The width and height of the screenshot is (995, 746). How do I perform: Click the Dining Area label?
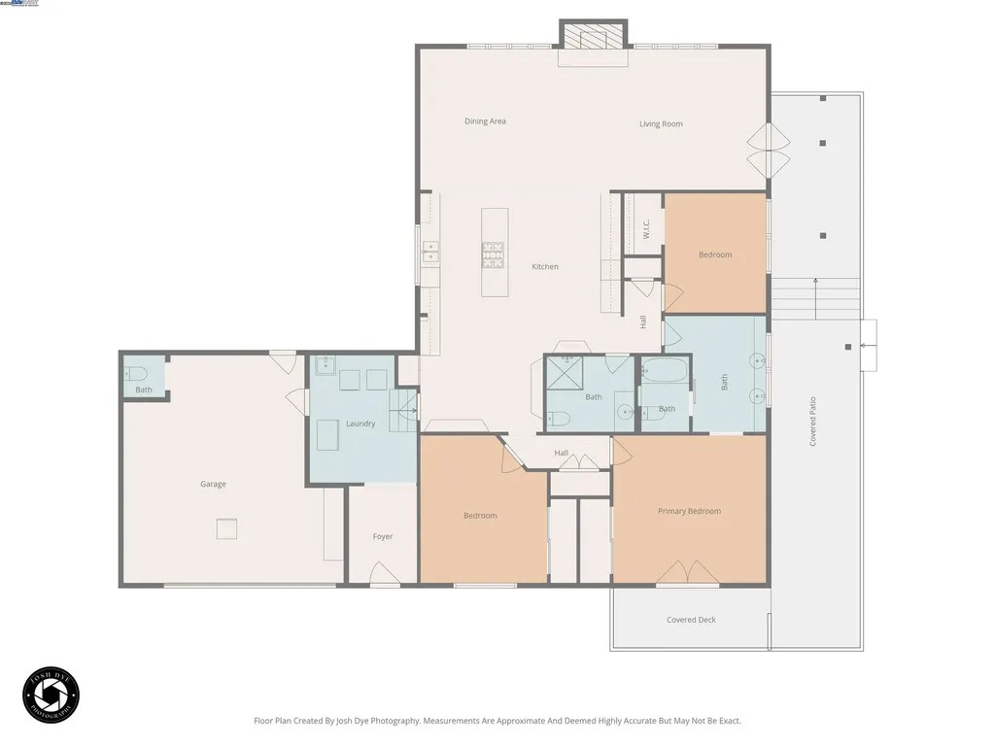point(485,121)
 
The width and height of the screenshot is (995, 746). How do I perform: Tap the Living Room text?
point(661,124)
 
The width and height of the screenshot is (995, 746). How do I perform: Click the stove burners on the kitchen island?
point(493,254)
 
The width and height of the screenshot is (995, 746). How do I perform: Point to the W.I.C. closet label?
point(645,227)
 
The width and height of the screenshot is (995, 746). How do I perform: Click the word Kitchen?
point(545,267)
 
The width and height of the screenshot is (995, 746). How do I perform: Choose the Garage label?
point(213,484)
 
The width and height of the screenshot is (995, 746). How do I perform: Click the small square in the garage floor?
point(226,528)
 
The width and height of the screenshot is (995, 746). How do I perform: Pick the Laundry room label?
point(360,424)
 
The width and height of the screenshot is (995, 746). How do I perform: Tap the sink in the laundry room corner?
point(325,367)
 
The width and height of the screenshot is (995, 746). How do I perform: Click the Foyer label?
point(383,536)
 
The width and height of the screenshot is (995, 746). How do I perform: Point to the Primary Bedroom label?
point(689,511)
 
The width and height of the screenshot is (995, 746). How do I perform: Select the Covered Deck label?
point(691,620)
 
